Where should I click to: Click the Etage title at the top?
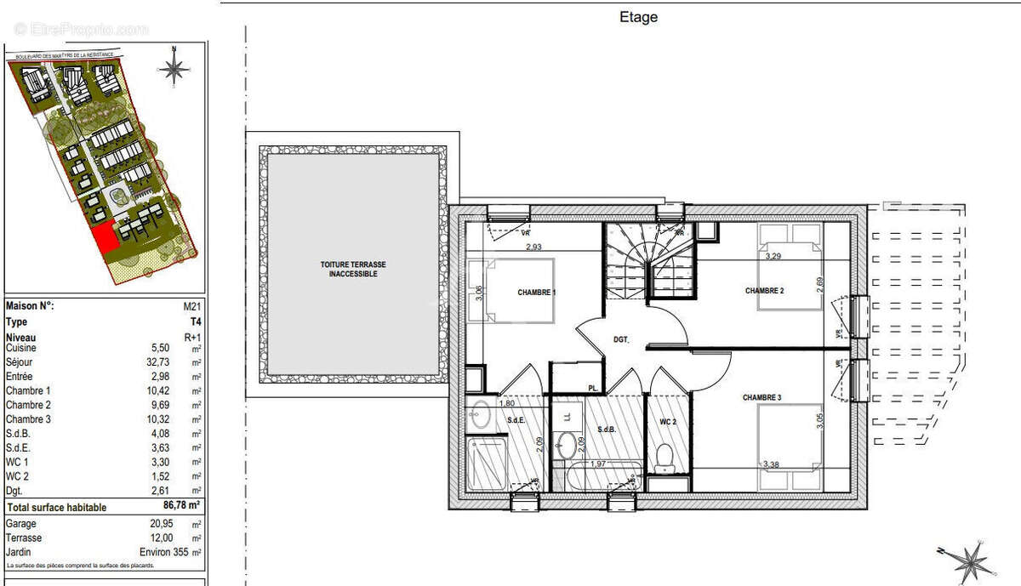638,17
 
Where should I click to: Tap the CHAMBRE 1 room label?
536,293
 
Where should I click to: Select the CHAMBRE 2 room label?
764,291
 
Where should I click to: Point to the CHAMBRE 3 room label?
761,398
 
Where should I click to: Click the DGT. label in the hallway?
621,339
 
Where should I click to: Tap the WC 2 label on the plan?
667,422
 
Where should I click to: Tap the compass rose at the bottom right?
968,561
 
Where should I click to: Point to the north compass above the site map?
174,67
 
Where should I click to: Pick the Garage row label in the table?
21,524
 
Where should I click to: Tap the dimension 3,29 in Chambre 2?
773,255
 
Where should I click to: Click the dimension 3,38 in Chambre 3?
772,464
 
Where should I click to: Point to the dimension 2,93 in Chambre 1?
533,247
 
